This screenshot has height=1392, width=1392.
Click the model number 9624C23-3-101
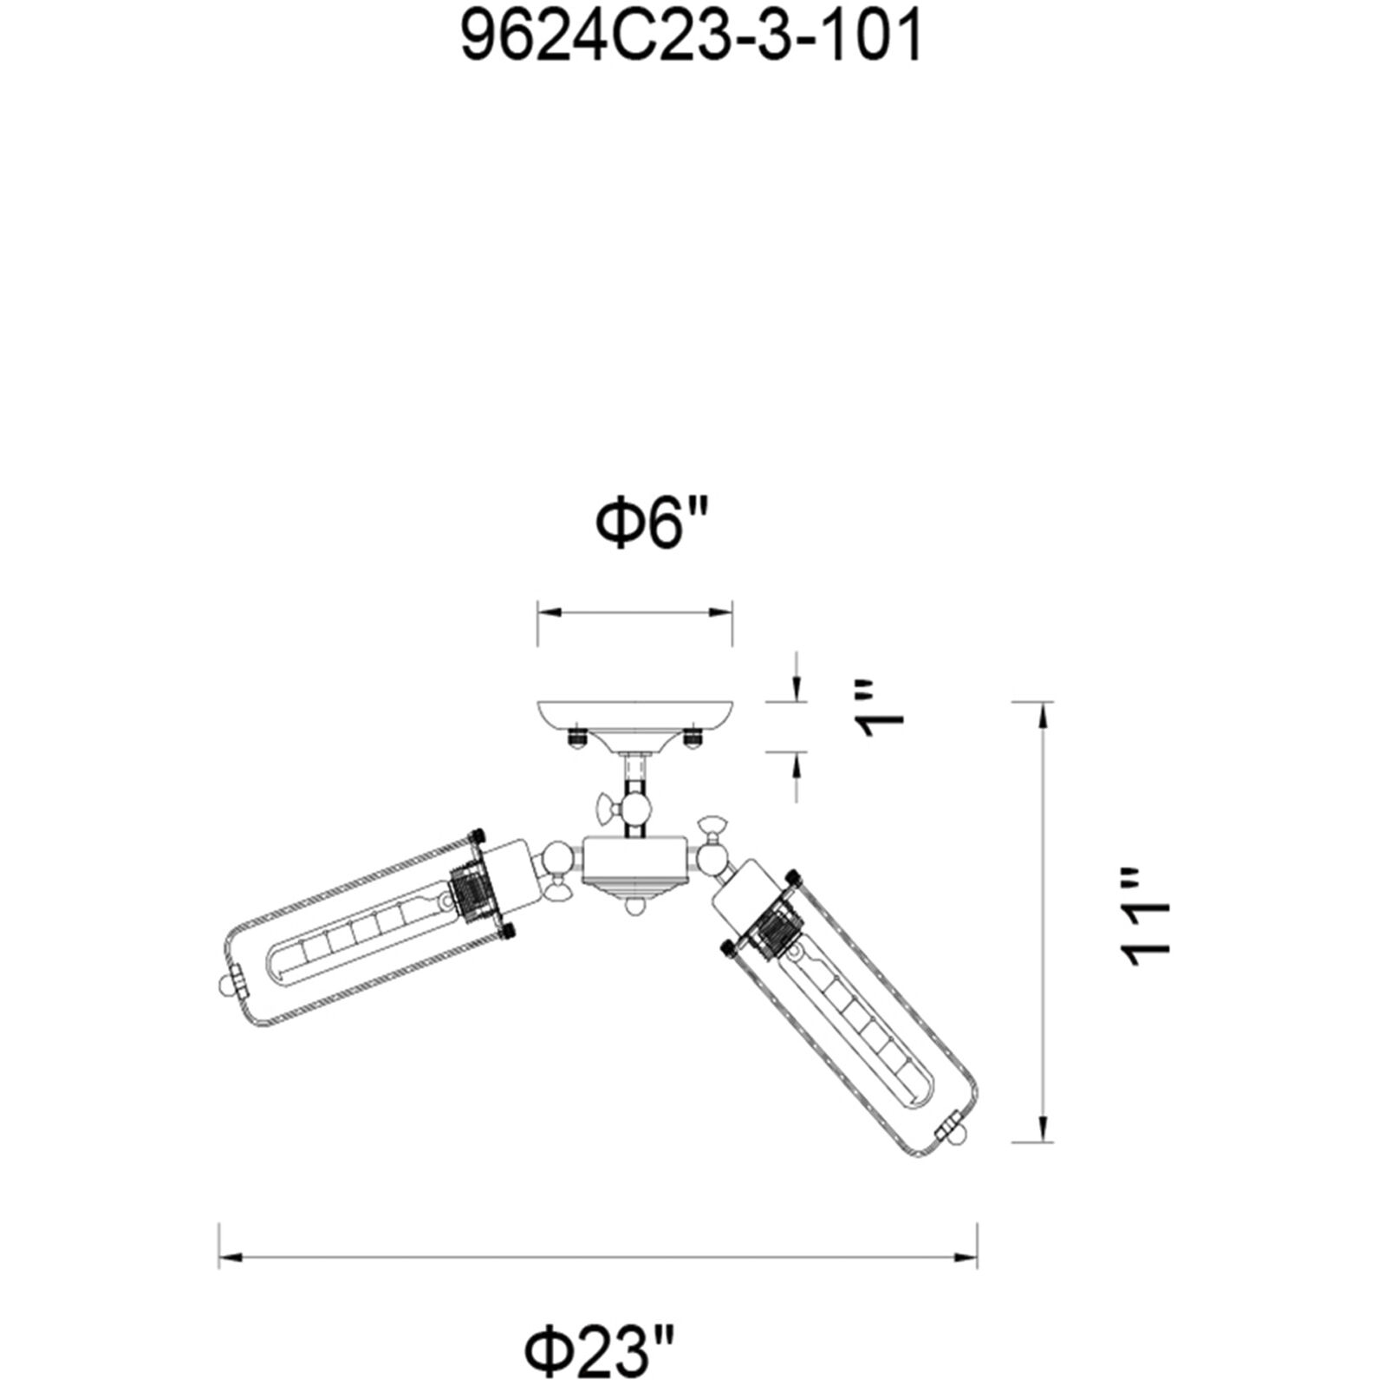tap(691, 39)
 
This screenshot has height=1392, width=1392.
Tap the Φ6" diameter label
tap(652, 526)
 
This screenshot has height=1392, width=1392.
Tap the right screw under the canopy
tap(692, 738)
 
